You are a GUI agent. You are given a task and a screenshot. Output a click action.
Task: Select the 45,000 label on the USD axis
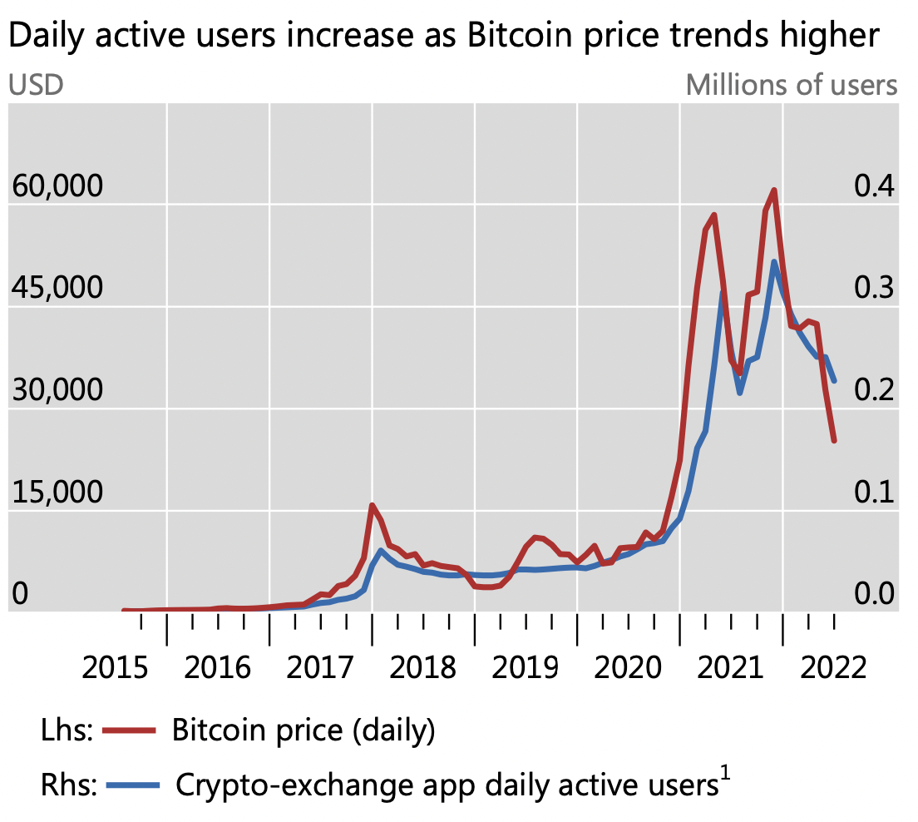56,289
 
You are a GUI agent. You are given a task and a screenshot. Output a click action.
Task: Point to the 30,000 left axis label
56,390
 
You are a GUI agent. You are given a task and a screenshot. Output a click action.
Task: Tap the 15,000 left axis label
56,493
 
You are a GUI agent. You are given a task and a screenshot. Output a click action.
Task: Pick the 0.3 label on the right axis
874,289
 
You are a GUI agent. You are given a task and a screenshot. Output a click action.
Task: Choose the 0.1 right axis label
874,493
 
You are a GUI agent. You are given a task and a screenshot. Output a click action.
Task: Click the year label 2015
116,668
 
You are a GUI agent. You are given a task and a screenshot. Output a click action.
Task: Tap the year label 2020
629,668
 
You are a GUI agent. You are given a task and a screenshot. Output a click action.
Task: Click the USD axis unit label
36,85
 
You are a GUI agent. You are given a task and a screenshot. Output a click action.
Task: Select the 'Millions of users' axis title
792,85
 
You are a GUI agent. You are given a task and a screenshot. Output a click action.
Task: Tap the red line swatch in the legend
130,730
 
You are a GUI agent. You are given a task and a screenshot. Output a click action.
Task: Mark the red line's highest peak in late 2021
774,191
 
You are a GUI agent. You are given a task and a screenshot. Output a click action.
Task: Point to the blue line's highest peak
774,262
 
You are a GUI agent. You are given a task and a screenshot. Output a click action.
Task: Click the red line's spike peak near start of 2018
372,505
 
